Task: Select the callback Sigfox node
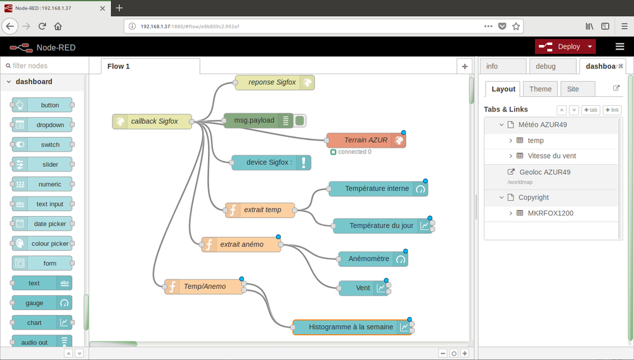click(x=152, y=121)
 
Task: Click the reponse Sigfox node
click(x=275, y=82)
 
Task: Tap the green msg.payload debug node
click(x=259, y=120)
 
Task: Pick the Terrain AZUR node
click(x=366, y=140)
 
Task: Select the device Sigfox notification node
click(x=271, y=162)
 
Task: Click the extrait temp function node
click(x=259, y=210)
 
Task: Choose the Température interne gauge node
click(x=378, y=189)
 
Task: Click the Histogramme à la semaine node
click(x=352, y=327)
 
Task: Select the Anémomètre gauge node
click(x=373, y=259)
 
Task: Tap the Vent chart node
click(x=363, y=288)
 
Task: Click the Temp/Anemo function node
click(x=204, y=286)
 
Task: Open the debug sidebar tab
click(x=552, y=67)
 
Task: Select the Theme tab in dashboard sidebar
click(x=540, y=89)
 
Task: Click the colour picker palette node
click(x=42, y=243)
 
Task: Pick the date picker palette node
click(x=42, y=224)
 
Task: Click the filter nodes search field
click(x=44, y=65)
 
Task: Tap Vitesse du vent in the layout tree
click(x=552, y=156)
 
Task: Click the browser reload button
click(x=42, y=26)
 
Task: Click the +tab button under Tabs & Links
click(x=591, y=110)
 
